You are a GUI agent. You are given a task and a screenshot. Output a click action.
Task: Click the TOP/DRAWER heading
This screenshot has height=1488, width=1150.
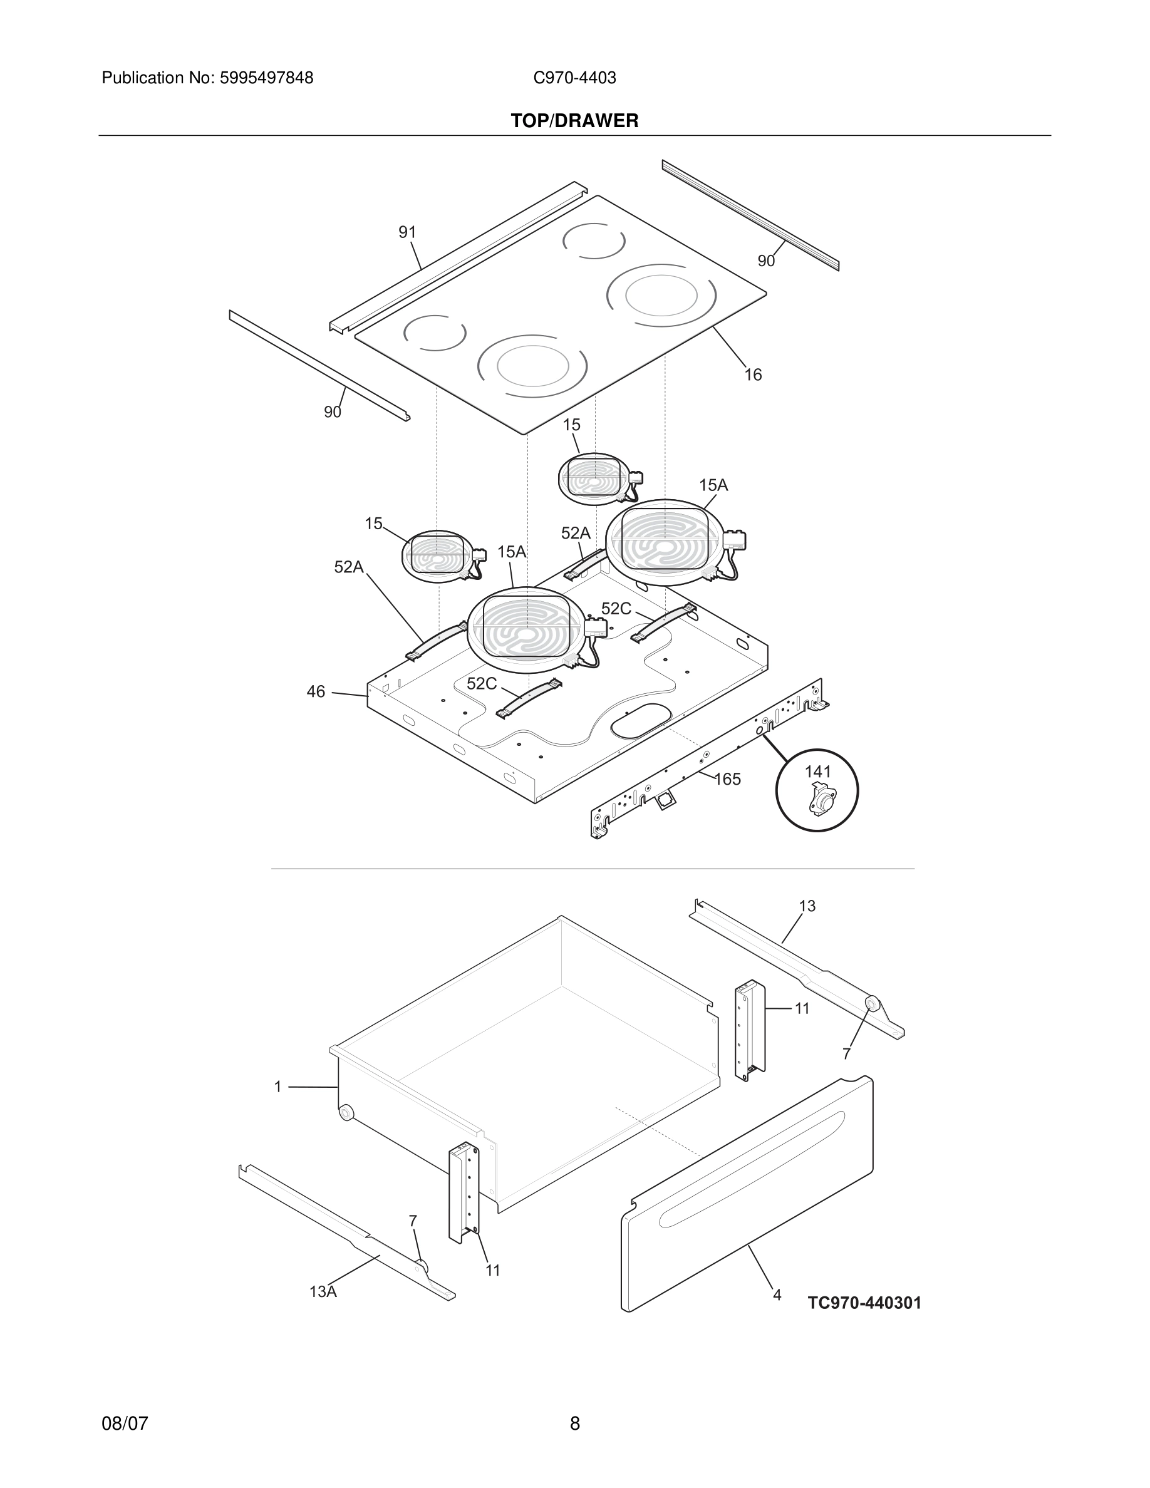pyautogui.click(x=574, y=121)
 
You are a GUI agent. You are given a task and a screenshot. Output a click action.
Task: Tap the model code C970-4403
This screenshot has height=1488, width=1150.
pyautogui.click(x=574, y=78)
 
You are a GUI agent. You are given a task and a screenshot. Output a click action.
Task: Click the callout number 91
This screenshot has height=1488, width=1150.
pyautogui.click(x=407, y=232)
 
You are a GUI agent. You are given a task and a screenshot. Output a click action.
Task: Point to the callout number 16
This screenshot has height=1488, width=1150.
pyautogui.click(x=752, y=375)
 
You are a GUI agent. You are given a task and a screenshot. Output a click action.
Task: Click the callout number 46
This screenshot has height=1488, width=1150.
pyautogui.click(x=316, y=691)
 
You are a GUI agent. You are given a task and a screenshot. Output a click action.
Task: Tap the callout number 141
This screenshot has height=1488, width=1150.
pyautogui.click(x=817, y=772)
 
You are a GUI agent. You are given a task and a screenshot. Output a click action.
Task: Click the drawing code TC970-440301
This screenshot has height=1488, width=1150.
pyautogui.click(x=864, y=1303)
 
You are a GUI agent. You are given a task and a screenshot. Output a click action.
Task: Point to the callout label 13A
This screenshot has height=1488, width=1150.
pyautogui.click(x=323, y=1291)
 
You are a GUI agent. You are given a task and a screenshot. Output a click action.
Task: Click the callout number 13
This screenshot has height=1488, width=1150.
pyautogui.click(x=807, y=906)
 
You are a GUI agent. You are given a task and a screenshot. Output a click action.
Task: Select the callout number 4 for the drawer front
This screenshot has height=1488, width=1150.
pyautogui.click(x=777, y=1295)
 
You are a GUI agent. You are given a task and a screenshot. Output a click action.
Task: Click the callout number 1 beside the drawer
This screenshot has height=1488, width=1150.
pyautogui.click(x=278, y=1087)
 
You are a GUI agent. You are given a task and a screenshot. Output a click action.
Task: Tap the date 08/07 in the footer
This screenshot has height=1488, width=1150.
pyautogui.click(x=125, y=1423)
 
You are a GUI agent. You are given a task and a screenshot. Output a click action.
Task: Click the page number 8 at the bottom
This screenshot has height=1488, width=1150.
pyautogui.click(x=574, y=1423)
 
